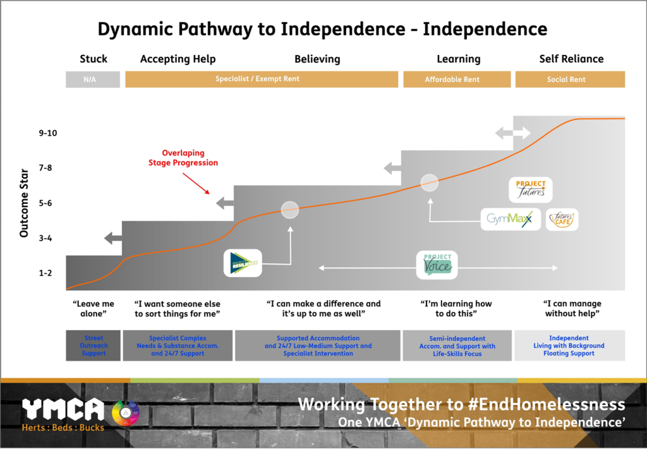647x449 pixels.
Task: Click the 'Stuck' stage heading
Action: (x=94, y=59)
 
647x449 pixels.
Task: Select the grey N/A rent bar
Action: (x=93, y=80)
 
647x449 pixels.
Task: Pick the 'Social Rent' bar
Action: (x=570, y=80)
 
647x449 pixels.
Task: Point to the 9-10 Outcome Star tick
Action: (x=48, y=133)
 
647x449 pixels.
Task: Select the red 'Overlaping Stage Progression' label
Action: (x=190, y=158)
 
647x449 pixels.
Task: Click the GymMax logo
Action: (x=510, y=219)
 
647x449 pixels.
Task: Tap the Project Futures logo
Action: (x=530, y=189)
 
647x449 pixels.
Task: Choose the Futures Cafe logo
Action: (x=562, y=219)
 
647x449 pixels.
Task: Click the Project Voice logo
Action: (x=437, y=264)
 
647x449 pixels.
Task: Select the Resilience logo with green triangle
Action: (x=243, y=263)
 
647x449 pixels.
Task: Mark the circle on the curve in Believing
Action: (x=289, y=210)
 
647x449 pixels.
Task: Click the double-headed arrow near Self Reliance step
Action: (x=512, y=133)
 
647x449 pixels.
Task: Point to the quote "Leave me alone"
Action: (x=94, y=309)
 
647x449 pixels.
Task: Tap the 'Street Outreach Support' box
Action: (x=94, y=345)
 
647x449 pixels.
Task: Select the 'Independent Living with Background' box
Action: (x=569, y=345)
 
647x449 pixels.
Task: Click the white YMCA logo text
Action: (x=63, y=410)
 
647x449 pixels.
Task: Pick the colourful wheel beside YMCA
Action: (x=125, y=412)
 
